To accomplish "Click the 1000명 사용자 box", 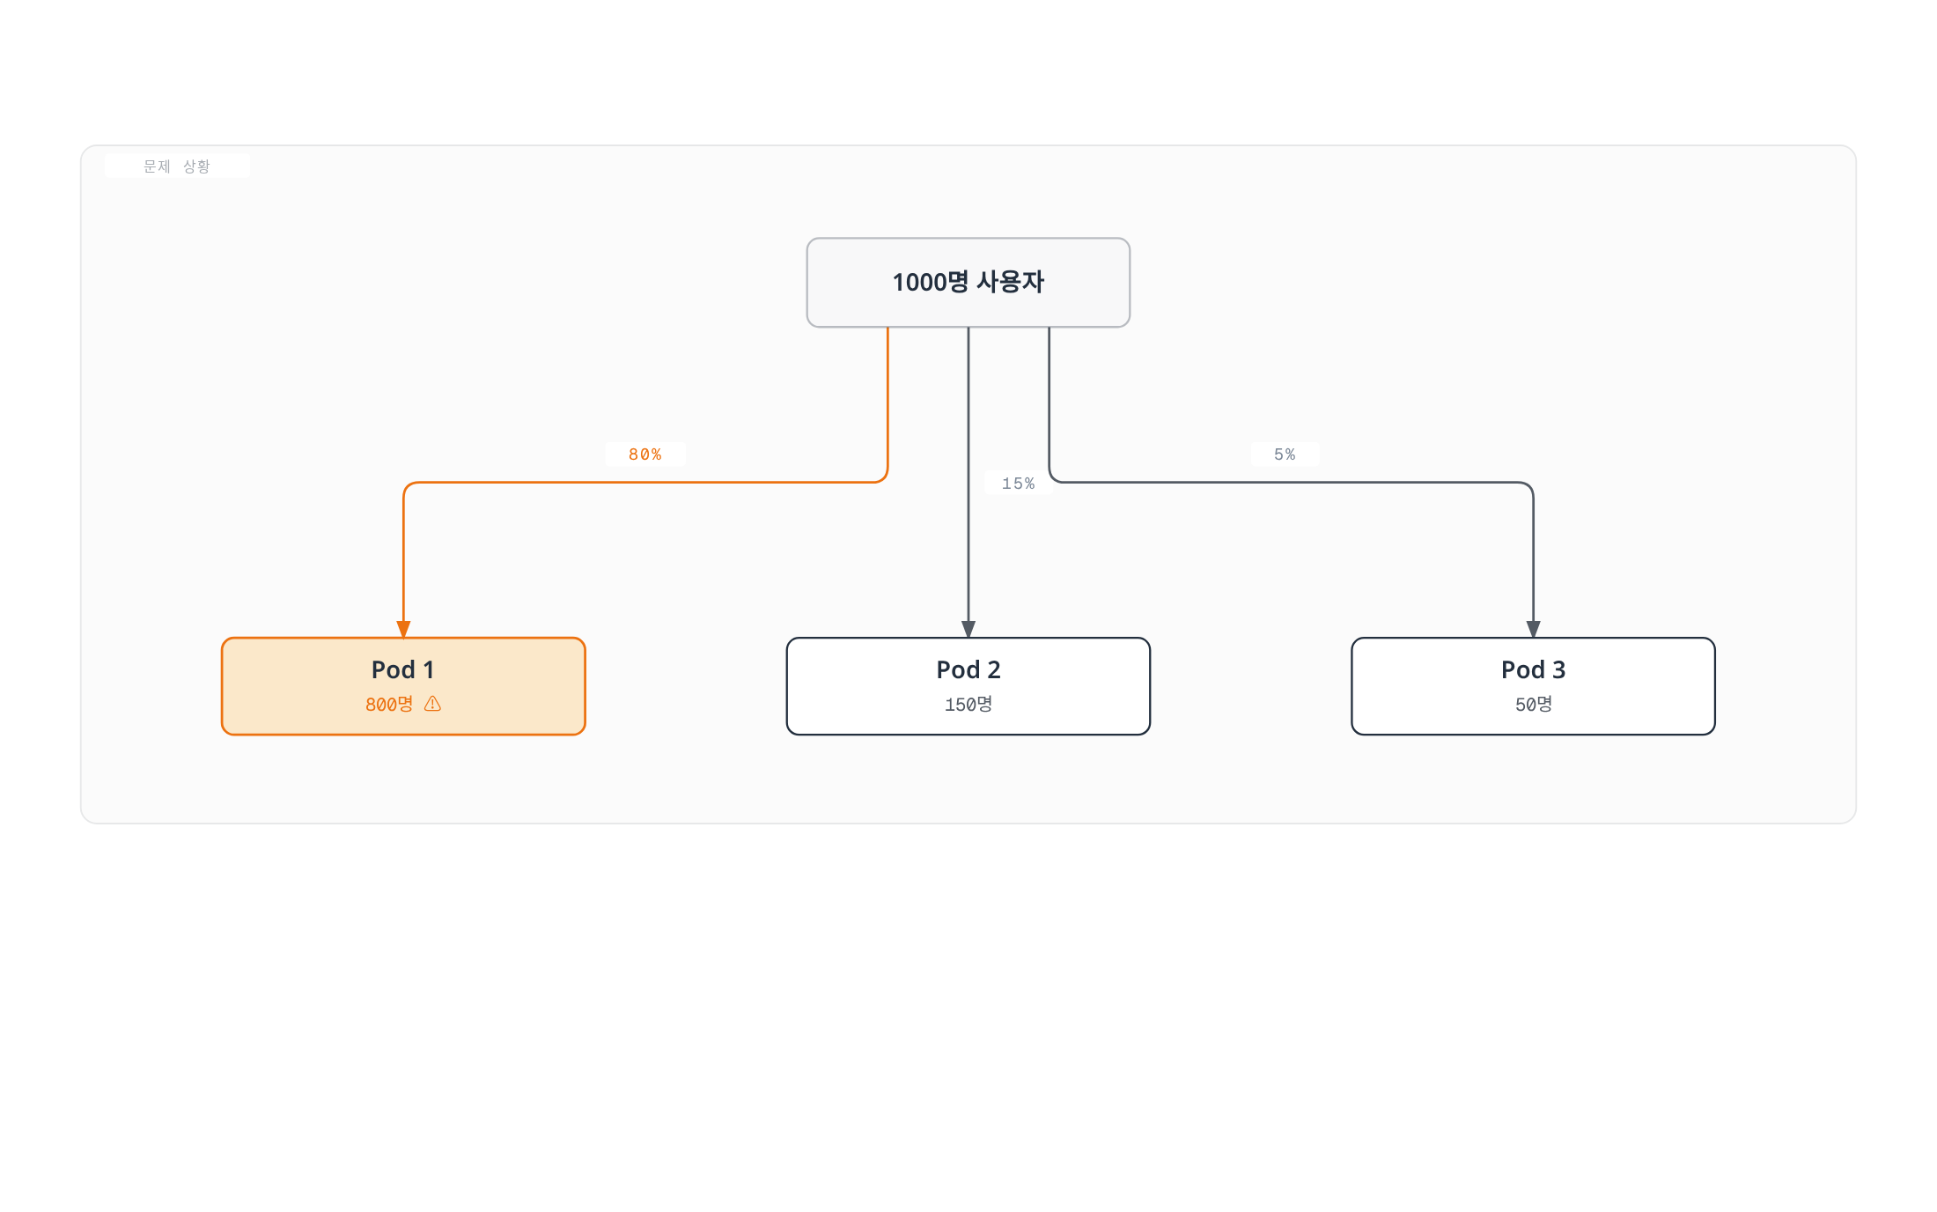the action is coord(968,282).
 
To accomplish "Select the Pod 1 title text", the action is coord(403,669).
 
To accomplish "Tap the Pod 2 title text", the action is coord(968,669).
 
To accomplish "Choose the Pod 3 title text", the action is coord(1533,669).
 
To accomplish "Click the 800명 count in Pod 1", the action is coord(389,704).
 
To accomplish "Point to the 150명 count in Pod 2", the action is coord(968,704).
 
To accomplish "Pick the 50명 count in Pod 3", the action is coord(1533,704).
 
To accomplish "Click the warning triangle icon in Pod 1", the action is coord(432,703).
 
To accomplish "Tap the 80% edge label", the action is coord(644,454).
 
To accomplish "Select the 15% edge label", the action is coord(1018,484).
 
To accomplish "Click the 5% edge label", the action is coord(1285,454).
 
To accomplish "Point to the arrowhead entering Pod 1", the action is coord(403,629).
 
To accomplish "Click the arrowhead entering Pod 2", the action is coord(968,629).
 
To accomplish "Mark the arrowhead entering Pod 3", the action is coord(1533,629).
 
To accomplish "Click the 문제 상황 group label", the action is coord(177,166).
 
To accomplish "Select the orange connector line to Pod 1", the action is coord(644,483).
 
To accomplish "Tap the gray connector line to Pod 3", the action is coord(1291,483).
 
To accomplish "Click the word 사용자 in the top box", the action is coord(1011,282).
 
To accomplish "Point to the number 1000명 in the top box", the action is coord(931,282).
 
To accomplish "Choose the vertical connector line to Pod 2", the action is coord(968,483).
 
